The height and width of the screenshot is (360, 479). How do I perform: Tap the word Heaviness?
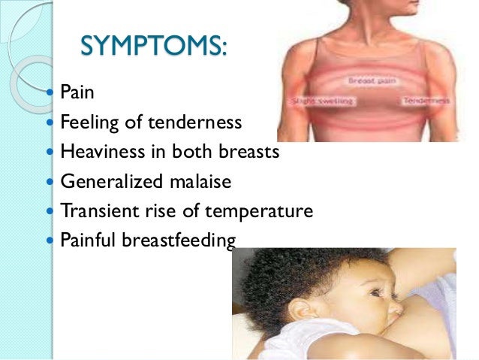[100, 153]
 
